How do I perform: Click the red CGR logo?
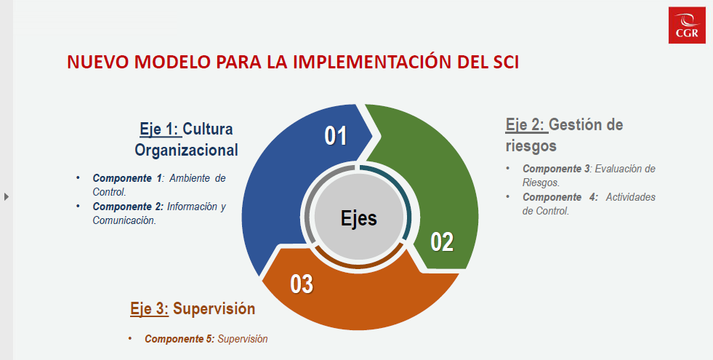[687, 25]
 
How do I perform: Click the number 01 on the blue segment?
[336, 136]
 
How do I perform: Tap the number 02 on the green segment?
[442, 241]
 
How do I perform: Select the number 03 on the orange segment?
[302, 284]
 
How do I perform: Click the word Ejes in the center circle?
[359, 218]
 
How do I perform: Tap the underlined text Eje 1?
[161, 129]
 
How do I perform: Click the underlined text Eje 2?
[527, 124]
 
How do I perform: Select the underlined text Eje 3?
[150, 308]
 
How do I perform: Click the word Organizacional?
[187, 150]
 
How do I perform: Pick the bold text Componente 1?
[127, 178]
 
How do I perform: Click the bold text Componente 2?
[128, 207]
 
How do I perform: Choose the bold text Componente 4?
[560, 197]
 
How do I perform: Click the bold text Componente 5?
[180, 339]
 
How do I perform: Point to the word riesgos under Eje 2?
[531, 146]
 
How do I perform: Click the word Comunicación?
[124, 221]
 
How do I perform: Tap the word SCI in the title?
[504, 63]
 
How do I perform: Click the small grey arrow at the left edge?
[7, 196]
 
